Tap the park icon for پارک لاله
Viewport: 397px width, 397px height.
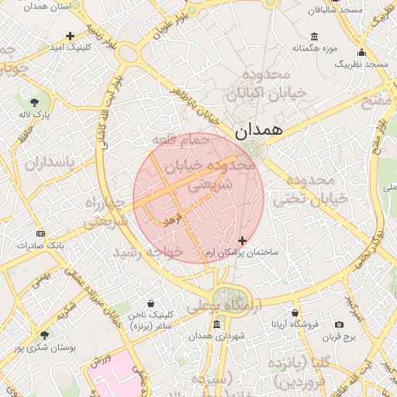click(x=35, y=102)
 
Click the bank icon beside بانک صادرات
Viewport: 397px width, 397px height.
click(x=40, y=233)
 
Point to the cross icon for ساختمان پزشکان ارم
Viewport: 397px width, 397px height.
click(x=243, y=241)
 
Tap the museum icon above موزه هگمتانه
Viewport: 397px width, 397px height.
click(x=314, y=36)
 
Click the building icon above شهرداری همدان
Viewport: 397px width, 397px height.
click(x=215, y=323)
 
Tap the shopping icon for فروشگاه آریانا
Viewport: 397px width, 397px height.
click(x=295, y=314)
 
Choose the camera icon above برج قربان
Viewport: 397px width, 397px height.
click(x=339, y=324)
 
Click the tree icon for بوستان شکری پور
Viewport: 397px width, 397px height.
click(x=44, y=336)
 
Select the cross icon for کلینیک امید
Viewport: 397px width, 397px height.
click(x=70, y=36)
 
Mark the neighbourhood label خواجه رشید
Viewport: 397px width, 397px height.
click(x=147, y=253)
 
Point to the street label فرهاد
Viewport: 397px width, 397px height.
click(x=171, y=220)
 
